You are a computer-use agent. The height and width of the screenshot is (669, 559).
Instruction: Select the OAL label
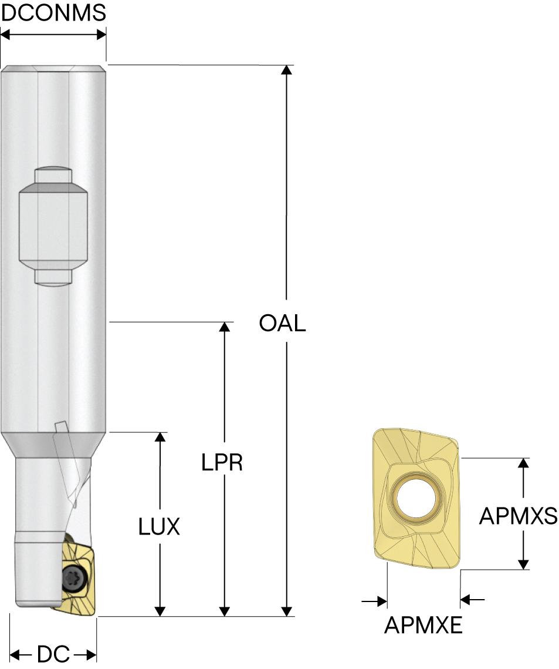coord(283,323)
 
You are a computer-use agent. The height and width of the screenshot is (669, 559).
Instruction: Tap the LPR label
coord(222,463)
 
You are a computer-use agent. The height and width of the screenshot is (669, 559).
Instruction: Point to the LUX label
coord(159,527)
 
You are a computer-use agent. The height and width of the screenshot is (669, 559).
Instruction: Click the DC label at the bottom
coord(53,654)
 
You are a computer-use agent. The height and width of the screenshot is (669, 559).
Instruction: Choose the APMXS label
coord(517,516)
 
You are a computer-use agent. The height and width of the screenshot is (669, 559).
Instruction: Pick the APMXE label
coord(424,626)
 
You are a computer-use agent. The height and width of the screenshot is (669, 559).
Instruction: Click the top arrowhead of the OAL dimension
coord(286,70)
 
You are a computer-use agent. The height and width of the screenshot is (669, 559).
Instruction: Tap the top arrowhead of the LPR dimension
coord(223,327)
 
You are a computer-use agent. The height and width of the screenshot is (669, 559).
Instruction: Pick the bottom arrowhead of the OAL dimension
coord(286,611)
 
